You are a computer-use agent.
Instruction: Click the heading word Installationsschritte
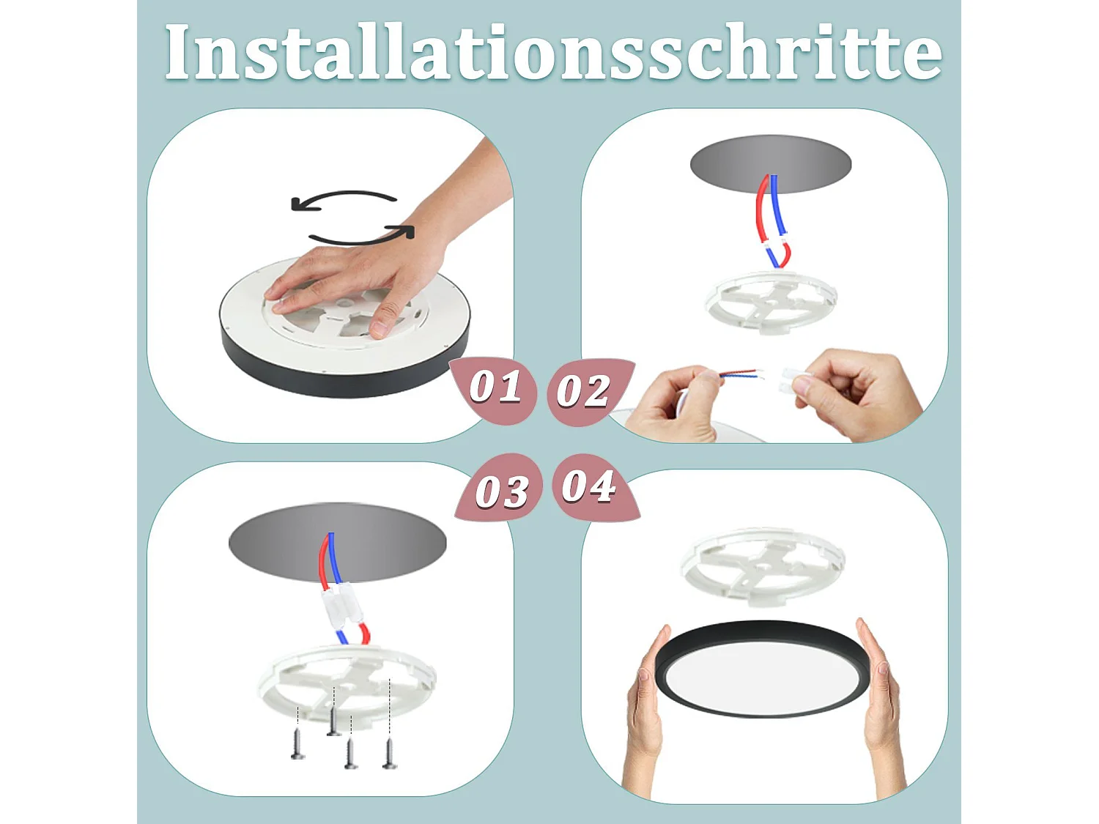point(553,53)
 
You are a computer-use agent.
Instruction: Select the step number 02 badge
point(584,390)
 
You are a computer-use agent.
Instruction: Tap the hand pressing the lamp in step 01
point(352,282)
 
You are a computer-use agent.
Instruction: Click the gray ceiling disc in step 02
point(770,163)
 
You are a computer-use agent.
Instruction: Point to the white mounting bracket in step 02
point(771,301)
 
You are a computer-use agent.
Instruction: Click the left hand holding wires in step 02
point(674,403)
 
